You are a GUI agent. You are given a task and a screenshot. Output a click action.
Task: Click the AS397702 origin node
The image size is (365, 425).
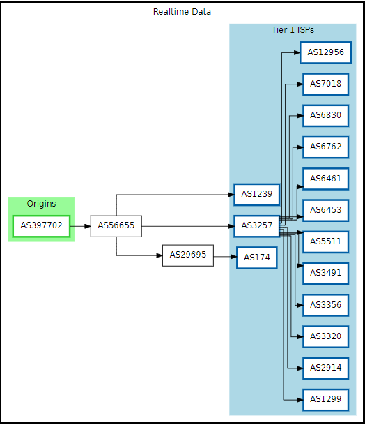(x=41, y=226)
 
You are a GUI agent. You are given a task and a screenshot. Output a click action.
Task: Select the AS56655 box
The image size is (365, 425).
(x=116, y=226)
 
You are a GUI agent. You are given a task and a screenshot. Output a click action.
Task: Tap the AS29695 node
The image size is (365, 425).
(x=188, y=255)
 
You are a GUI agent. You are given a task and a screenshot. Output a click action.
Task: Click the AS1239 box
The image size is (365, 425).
(x=257, y=195)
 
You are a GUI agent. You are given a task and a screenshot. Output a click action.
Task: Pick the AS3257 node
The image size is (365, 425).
(x=257, y=226)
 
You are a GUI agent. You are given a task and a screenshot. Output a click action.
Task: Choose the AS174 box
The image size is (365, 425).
(x=257, y=258)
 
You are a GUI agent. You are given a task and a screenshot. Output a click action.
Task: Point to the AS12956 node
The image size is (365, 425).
(x=326, y=52)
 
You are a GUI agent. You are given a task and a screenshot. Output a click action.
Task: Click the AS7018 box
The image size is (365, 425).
(x=326, y=84)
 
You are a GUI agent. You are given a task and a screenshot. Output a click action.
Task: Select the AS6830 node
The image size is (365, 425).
(x=326, y=115)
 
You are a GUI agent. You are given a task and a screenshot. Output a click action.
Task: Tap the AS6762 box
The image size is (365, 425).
(x=326, y=147)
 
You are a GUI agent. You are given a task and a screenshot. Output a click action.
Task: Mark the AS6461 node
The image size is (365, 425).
(x=326, y=179)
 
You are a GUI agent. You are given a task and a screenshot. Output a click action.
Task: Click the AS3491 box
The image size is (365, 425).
(x=326, y=274)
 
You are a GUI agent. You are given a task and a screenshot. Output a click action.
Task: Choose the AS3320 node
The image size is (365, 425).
(x=326, y=336)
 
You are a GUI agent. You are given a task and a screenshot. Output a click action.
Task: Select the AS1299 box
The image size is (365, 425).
(x=326, y=400)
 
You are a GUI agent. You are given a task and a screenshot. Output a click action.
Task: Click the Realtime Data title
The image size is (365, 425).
(x=182, y=12)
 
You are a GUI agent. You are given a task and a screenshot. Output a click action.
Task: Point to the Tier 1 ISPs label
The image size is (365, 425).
(x=293, y=29)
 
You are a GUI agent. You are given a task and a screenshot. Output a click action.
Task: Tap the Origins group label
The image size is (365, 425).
(x=41, y=204)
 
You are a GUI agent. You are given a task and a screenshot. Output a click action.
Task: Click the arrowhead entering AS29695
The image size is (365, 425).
(x=160, y=255)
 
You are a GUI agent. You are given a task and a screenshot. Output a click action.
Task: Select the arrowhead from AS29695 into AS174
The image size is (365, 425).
(x=233, y=257)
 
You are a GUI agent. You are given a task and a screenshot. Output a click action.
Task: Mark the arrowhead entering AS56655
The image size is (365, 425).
(x=87, y=226)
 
